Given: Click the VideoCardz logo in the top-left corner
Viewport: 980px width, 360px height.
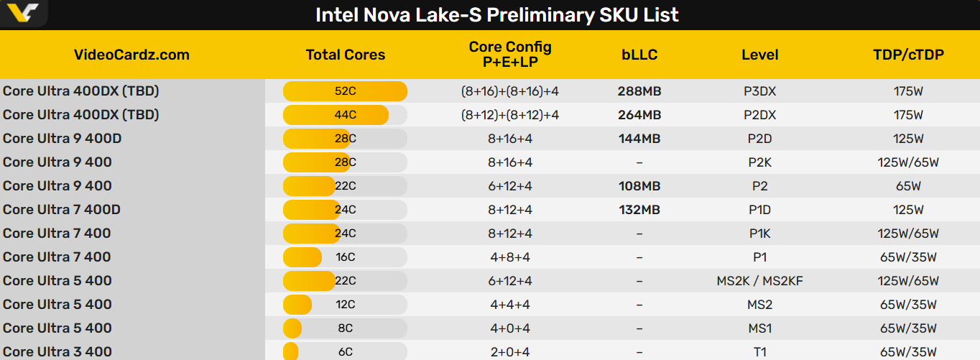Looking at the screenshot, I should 24,13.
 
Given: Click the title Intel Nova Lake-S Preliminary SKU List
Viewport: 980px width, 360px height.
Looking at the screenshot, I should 496,15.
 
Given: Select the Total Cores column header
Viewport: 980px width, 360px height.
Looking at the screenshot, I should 345,55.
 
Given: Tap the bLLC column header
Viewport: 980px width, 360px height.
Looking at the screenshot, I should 639,55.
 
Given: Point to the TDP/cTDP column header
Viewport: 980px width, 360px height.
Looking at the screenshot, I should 908,55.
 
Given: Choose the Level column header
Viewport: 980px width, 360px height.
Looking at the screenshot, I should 760,55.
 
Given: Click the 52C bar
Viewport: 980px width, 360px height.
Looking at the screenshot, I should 345,91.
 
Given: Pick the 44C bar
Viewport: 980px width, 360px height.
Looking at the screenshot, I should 336,115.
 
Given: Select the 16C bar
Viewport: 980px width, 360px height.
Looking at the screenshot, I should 302,257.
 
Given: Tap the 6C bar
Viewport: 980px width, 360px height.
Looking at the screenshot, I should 291,352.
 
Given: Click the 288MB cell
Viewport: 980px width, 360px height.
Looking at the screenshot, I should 639,91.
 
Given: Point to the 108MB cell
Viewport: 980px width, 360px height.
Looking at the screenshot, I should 639,186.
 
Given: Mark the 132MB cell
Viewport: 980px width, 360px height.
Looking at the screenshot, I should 639,210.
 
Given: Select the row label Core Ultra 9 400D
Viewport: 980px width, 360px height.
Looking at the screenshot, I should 62,139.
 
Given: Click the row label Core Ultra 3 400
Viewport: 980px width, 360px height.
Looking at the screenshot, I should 57,352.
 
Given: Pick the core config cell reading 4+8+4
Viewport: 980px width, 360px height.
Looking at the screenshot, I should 510,257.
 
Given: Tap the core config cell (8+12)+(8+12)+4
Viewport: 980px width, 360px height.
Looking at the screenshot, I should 510,115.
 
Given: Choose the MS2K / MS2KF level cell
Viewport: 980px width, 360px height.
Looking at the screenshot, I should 760,281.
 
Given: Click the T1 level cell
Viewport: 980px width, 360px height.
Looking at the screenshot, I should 760,352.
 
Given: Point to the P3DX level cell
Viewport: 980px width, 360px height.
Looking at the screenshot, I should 760,91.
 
